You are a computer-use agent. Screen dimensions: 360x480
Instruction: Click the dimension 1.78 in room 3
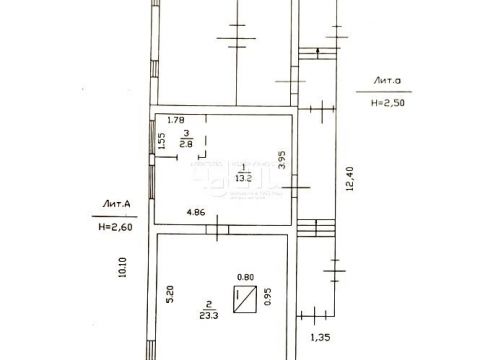point(178,120)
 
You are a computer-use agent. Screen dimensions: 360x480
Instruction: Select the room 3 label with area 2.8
point(185,139)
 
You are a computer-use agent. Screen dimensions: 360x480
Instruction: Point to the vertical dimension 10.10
point(122,269)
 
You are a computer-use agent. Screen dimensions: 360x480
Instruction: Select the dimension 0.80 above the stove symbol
point(243,278)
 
